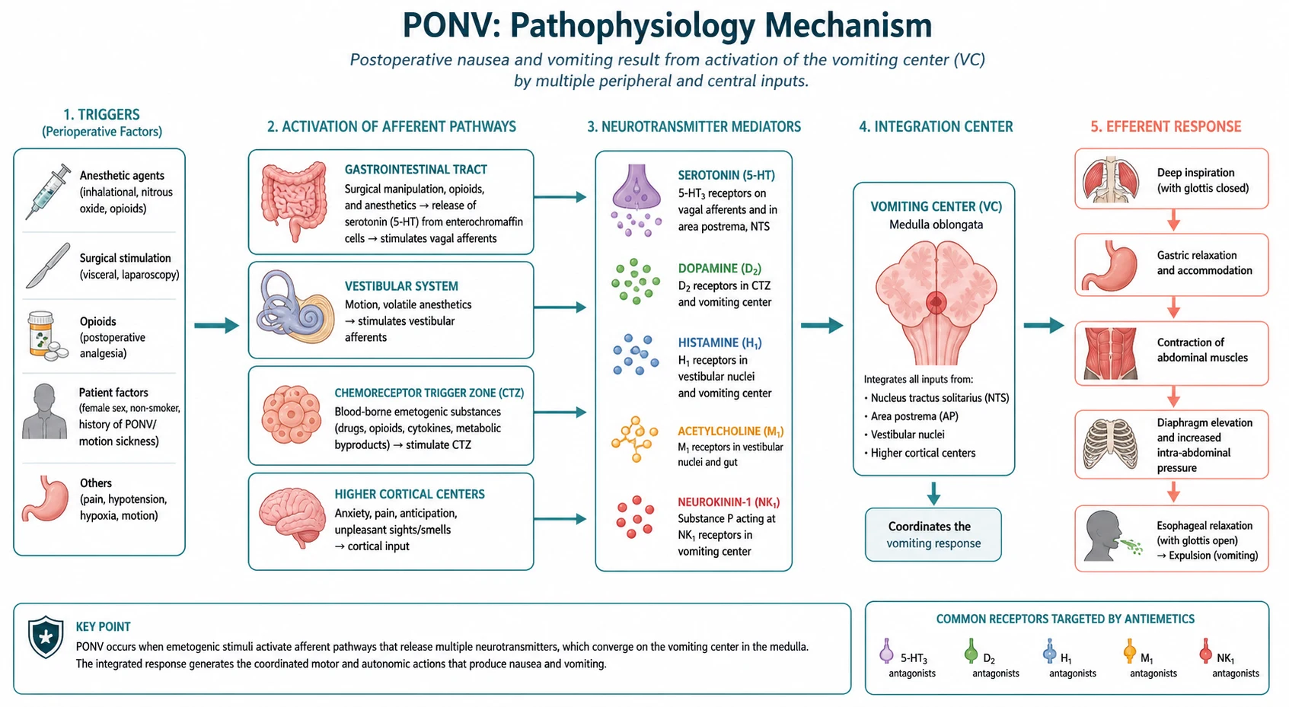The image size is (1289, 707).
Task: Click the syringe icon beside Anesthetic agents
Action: tap(48, 192)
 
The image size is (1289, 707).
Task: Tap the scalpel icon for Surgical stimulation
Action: tap(48, 266)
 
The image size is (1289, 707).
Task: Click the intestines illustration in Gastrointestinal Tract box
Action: tap(294, 202)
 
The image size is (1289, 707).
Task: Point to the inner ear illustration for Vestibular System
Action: tap(295, 307)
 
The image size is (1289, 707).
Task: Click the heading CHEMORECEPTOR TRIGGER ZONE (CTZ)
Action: tap(429, 393)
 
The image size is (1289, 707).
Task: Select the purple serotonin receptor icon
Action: tap(636, 199)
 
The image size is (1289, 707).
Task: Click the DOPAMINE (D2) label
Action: tap(719, 269)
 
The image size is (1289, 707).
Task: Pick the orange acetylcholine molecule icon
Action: tap(635, 439)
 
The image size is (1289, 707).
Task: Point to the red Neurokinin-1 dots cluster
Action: tap(635, 517)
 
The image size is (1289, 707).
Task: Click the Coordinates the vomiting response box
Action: tap(933, 534)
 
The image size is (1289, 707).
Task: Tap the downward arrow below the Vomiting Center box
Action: tap(933, 493)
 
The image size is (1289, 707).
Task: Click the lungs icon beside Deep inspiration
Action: tap(1110, 180)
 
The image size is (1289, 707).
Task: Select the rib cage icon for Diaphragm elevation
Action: tap(1110, 444)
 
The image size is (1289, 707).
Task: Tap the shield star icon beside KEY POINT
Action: tap(46, 637)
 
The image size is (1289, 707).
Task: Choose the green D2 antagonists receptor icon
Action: tap(971, 651)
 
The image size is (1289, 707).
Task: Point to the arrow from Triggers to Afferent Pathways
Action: tap(216, 326)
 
